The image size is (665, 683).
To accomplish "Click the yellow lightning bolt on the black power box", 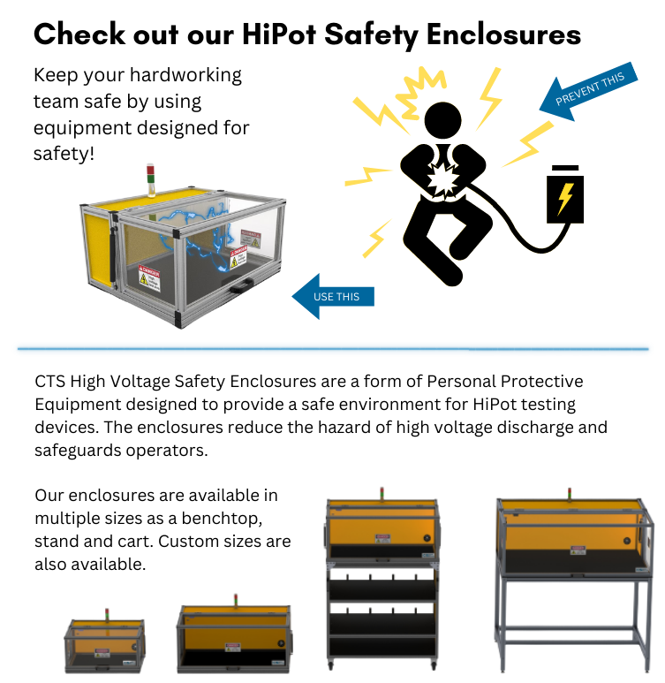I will (x=564, y=195).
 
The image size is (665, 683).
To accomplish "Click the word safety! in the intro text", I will (x=64, y=154).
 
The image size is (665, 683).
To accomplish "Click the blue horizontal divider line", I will (x=332, y=349).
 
